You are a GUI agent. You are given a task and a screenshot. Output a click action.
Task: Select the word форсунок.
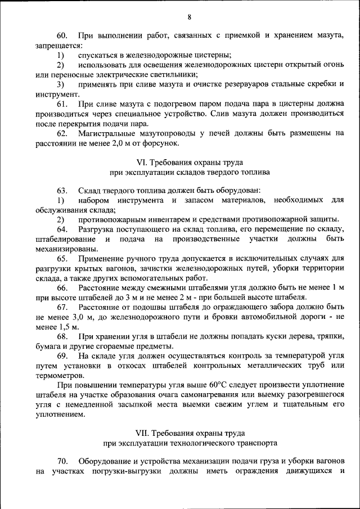161,143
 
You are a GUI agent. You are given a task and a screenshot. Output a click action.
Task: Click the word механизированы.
64,250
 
